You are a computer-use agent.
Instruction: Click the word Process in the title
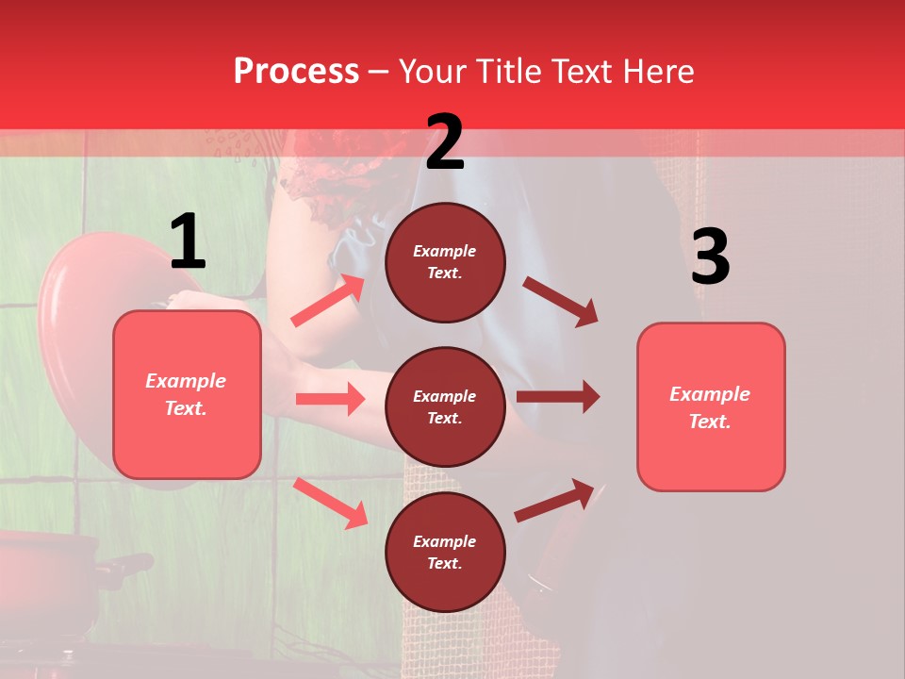(296, 72)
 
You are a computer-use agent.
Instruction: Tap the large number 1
(188, 242)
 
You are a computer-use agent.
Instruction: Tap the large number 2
(445, 142)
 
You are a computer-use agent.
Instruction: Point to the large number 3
(710, 257)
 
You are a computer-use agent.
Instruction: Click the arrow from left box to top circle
(328, 300)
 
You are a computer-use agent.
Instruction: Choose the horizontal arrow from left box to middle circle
(330, 399)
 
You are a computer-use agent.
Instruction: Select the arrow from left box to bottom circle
(330, 502)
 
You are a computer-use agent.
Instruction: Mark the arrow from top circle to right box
(560, 301)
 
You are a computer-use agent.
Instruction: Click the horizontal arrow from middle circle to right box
(557, 396)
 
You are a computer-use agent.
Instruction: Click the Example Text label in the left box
(187, 394)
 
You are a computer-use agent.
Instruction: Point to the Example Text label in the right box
(710, 407)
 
